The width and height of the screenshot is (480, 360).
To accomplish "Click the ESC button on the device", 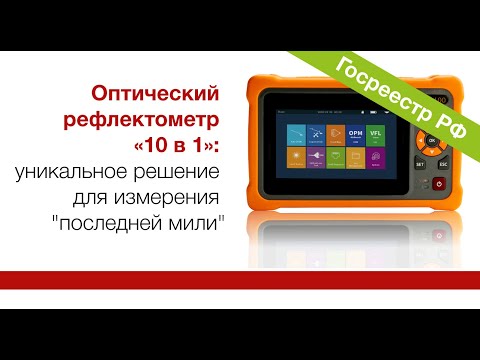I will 441,162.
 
